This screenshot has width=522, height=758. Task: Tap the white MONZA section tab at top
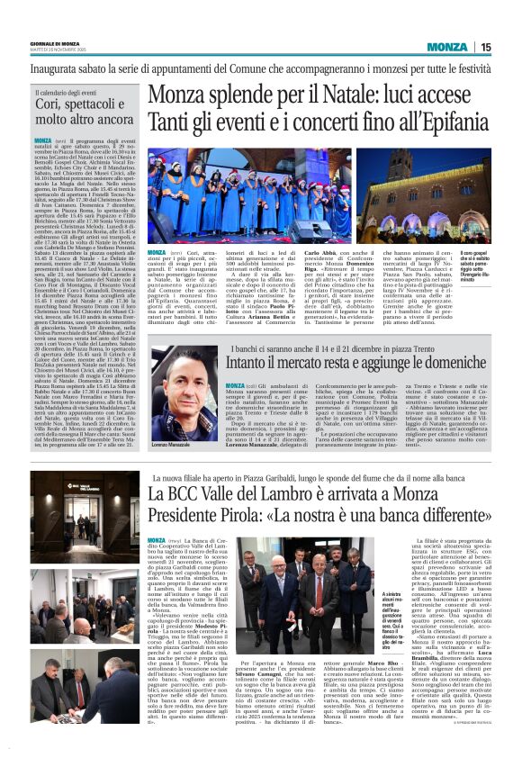447,47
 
